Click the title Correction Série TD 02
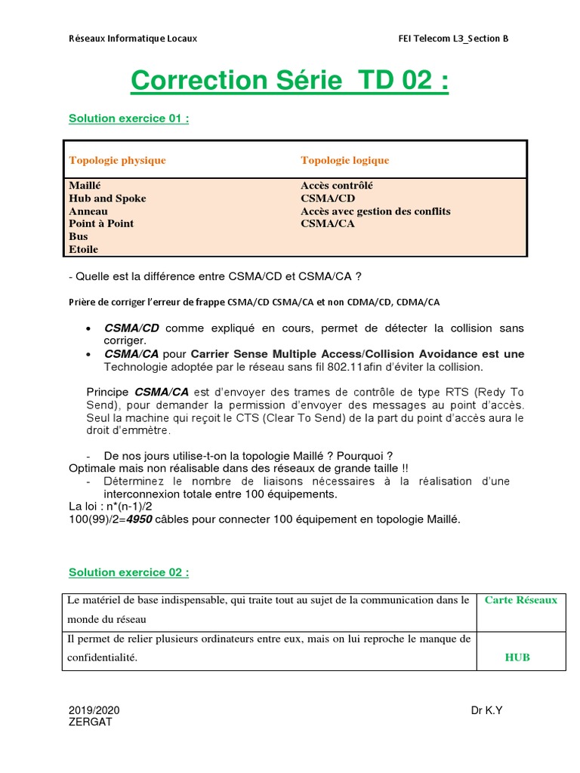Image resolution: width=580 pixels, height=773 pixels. pyautogui.click(x=289, y=81)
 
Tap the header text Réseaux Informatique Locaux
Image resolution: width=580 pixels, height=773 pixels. pyautogui.click(x=132, y=38)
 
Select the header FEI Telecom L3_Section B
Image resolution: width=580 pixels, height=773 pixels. pyautogui.click(x=453, y=38)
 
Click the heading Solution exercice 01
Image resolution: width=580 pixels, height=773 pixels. pyautogui.click(x=128, y=119)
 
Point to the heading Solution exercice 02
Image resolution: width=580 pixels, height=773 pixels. pyautogui.click(x=128, y=572)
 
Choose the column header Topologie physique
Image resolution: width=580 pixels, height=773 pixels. pyautogui.click(x=117, y=160)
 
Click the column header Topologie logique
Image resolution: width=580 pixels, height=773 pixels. pyautogui.click(x=344, y=160)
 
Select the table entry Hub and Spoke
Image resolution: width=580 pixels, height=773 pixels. pyautogui.click(x=107, y=199)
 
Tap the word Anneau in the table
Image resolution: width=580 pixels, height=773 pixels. pyautogui.click(x=88, y=211)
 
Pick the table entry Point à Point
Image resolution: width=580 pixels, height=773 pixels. pyautogui.click(x=101, y=223)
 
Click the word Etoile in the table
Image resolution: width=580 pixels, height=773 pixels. pyautogui.click(x=83, y=249)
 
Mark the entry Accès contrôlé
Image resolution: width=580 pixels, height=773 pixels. pyautogui.click(x=336, y=186)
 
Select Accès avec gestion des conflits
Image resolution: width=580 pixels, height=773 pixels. pyautogui.click(x=375, y=211)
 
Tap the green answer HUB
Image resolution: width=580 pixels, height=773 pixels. pyautogui.click(x=517, y=658)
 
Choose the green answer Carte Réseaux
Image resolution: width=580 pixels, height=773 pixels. pyautogui.click(x=520, y=600)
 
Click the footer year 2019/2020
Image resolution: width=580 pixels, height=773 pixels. pyautogui.click(x=94, y=710)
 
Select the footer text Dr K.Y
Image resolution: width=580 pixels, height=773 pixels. pyautogui.click(x=487, y=710)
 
